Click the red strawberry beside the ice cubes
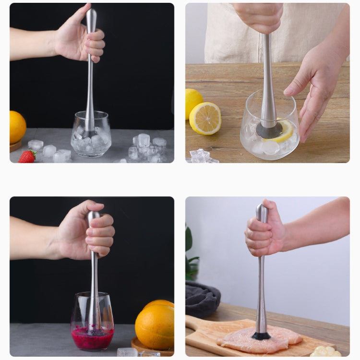[27, 156]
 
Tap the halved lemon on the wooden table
[205, 118]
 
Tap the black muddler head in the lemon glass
[269, 130]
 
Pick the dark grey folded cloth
[202, 299]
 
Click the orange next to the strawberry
[17, 127]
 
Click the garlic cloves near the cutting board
[327, 352]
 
